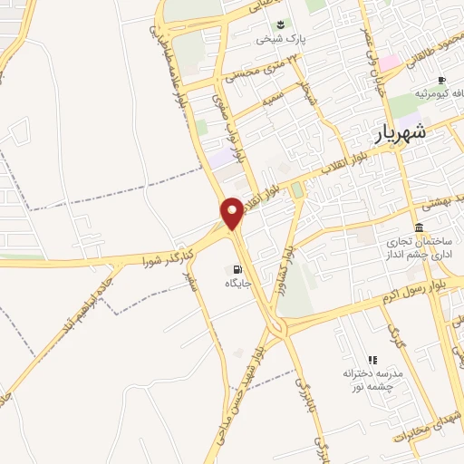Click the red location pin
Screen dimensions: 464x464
tap(232, 212)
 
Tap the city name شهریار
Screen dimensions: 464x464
tap(411, 135)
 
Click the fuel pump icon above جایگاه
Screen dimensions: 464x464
tap(237, 269)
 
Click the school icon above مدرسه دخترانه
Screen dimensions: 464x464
tap(372, 360)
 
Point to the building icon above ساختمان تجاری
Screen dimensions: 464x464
tap(419, 227)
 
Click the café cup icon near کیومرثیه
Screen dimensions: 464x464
tap(441, 81)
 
